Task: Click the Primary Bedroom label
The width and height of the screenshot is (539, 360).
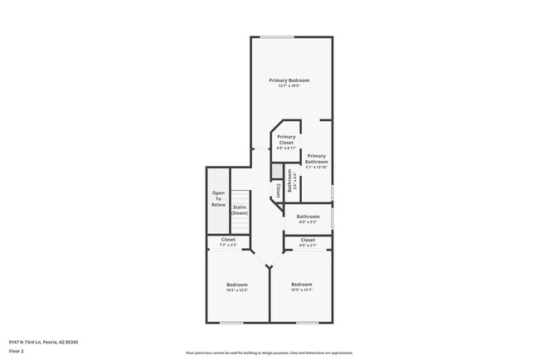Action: pos(289,80)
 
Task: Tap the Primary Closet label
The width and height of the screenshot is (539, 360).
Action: pos(286,139)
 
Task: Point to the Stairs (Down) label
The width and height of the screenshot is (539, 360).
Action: pos(240,210)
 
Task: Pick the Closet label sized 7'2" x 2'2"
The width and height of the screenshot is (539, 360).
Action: pos(228,240)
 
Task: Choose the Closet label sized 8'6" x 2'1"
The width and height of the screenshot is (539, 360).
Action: pos(308,240)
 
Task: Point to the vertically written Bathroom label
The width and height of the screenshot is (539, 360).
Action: pos(289,180)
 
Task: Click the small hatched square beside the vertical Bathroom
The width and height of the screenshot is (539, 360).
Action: pos(278,170)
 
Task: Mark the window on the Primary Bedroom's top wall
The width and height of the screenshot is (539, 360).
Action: pos(277,36)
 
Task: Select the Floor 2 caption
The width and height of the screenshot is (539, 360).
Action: pos(17,351)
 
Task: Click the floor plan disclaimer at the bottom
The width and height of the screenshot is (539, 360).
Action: pos(269,353)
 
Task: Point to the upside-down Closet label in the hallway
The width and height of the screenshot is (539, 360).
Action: pos(277,190)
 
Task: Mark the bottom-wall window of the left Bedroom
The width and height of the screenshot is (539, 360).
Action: pos(231,323)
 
